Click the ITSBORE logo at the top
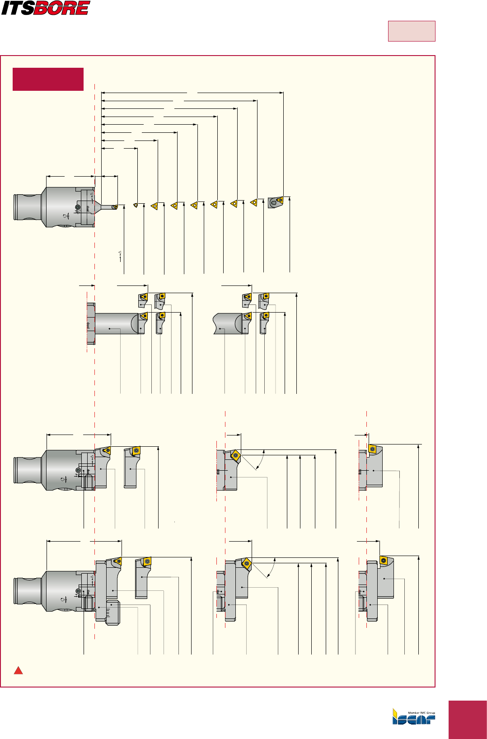(46, 8)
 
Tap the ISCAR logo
(413, 718)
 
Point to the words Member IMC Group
(421, 713)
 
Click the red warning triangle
(18, 670)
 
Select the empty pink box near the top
(411, 31)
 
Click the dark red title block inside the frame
(48, 79)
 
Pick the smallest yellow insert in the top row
(136, 205)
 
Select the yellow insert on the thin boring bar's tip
(115, 207)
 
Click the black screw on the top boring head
(78, 207)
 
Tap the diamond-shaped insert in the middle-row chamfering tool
(235, 455)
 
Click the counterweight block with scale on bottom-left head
(112, 613)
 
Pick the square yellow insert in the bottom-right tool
(384, 561)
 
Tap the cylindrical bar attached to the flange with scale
(115, 324)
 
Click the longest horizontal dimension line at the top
(192, 93)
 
